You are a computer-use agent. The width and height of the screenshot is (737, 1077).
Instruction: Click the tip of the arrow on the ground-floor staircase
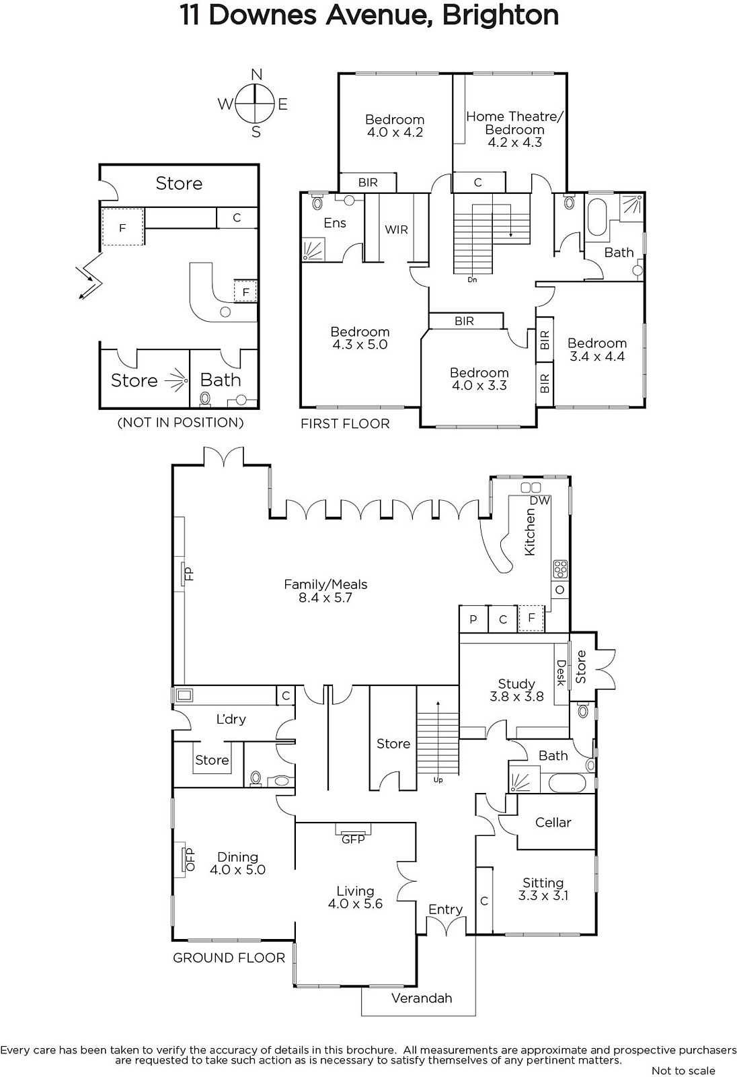click(x=438, y=703)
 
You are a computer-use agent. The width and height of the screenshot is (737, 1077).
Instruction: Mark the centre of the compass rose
click(x=254, y=104)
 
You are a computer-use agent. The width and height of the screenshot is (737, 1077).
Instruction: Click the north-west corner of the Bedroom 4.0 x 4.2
click(x=339, y=73)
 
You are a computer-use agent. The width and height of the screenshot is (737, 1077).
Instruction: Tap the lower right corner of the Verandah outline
click(x=475, y=1016)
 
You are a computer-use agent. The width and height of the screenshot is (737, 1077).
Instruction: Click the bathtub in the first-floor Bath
click(x=597, y=217)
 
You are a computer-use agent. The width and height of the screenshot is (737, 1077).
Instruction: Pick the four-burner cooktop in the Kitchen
click(x=560, y=569)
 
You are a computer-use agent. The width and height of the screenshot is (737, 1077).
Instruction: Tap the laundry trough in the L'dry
click(x=184, y=695)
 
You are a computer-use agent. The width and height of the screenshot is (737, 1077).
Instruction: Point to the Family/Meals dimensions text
click(x=325, y=598)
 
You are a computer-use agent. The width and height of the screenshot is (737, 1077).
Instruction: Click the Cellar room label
click(x=553, y=822)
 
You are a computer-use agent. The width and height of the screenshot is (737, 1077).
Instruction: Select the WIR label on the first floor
click(x=396, y=230)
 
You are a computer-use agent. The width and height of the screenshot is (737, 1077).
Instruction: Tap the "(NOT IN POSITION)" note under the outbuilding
click(x=181, y=423)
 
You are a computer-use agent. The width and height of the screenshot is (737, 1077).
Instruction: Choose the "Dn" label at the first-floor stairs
click(x=472, y=280)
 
